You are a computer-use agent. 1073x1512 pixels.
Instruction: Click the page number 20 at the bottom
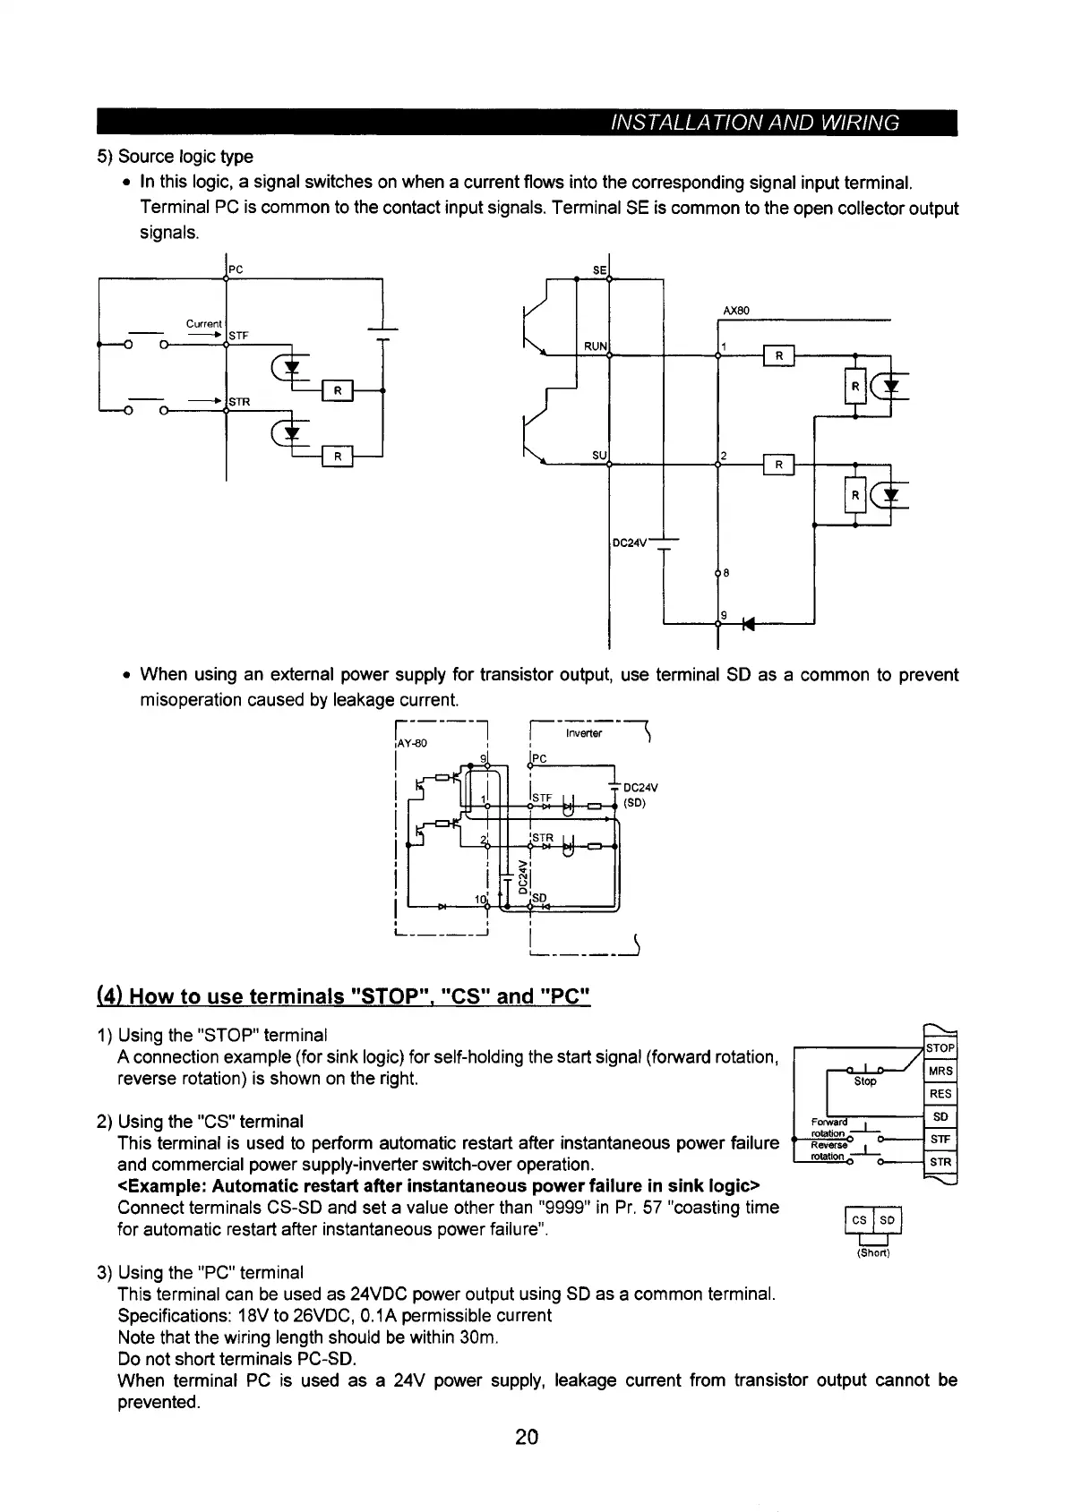527,1438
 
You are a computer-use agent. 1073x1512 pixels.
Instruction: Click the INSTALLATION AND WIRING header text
754,123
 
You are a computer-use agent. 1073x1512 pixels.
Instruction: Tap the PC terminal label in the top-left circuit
236,269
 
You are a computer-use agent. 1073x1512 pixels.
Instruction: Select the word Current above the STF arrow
203,323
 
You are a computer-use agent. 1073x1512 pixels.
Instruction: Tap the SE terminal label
599,269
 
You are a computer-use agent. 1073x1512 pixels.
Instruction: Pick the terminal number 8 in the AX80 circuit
725,573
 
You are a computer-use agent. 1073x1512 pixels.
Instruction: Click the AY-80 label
412,743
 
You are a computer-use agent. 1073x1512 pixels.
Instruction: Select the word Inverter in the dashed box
584,733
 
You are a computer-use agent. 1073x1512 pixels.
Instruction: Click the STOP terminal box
940,1048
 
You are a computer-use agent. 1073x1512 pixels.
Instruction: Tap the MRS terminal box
940,1072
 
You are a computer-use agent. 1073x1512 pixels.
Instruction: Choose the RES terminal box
940,1094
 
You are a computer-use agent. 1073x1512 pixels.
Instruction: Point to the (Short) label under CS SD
872,1252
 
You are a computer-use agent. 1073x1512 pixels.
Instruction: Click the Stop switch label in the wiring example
865,1081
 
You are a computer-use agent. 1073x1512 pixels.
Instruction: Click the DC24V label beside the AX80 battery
629,542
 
